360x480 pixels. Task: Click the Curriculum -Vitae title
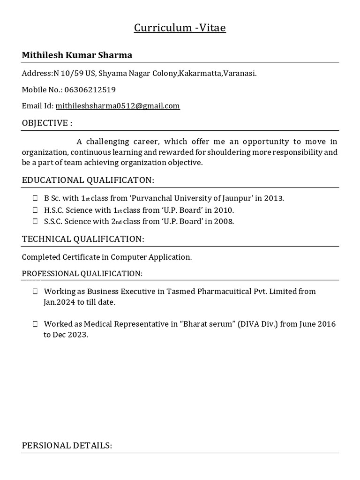[180, 28]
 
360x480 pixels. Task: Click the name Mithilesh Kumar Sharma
[77, 55]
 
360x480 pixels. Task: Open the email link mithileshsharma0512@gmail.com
[118, 106]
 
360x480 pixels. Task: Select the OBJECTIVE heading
[47, 123]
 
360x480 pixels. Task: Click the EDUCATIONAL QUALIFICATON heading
[88, 180]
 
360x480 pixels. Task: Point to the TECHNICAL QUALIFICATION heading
[83, 239]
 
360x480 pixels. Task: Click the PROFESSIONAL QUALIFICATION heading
[82, 273]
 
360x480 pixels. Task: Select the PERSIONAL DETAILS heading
[67, 445]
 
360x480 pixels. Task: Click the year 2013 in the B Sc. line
[273, 198]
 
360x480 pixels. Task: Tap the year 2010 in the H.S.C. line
[224, 210]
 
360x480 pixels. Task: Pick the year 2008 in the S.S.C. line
[224, 222]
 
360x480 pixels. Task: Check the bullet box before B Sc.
[35, 198]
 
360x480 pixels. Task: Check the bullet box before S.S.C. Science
[35, 222]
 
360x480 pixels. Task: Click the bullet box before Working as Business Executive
[35, 292]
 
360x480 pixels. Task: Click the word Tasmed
[181, 292]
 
